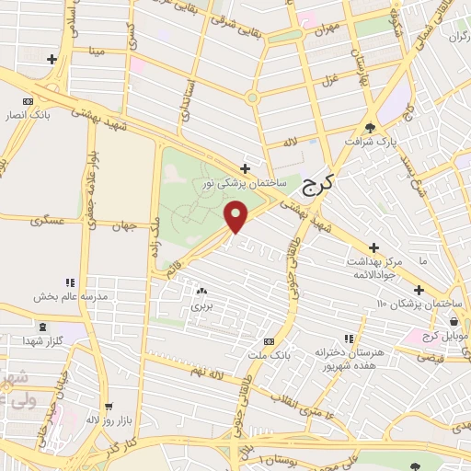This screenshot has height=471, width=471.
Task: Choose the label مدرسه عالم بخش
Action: [x=72, y=296]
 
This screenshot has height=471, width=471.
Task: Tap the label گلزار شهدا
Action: [x=43, y=340]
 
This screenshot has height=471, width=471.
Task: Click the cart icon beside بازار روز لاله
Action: [x=109, y=406]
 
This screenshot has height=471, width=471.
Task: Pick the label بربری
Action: [x=201, y=304]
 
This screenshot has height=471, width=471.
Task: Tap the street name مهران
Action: [x=326, y=30]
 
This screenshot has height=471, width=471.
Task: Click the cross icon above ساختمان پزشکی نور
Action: [x=245, y=168]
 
